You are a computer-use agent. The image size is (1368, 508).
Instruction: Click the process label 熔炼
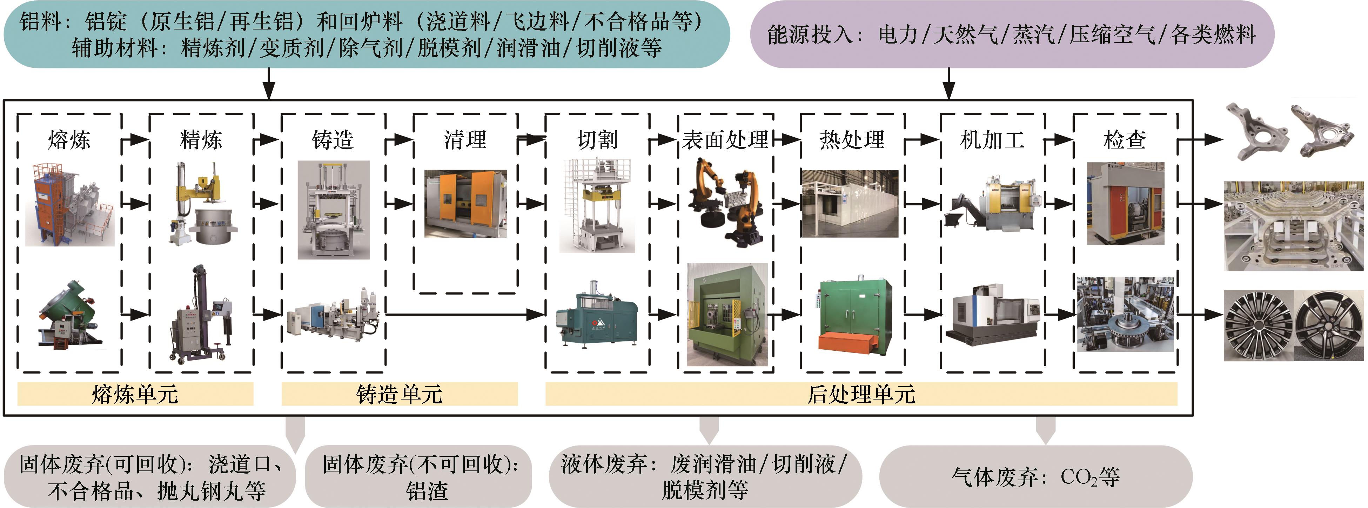click(69, 140)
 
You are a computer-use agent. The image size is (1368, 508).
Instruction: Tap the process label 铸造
click(333, 140)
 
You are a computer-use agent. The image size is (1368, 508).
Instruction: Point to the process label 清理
click(465, 140)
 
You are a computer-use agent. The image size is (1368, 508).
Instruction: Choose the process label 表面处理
click(725, 140)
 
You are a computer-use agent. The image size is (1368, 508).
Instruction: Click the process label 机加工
click(993, 140)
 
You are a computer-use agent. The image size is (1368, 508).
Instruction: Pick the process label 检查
click(1125, 140)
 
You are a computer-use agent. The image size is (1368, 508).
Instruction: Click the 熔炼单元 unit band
click(135, 394)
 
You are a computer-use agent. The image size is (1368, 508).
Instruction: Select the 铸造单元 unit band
click(400, 394)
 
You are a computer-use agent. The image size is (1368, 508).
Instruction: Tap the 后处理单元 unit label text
click(861, 394)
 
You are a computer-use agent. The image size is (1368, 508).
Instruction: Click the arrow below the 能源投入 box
click(949, 84)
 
